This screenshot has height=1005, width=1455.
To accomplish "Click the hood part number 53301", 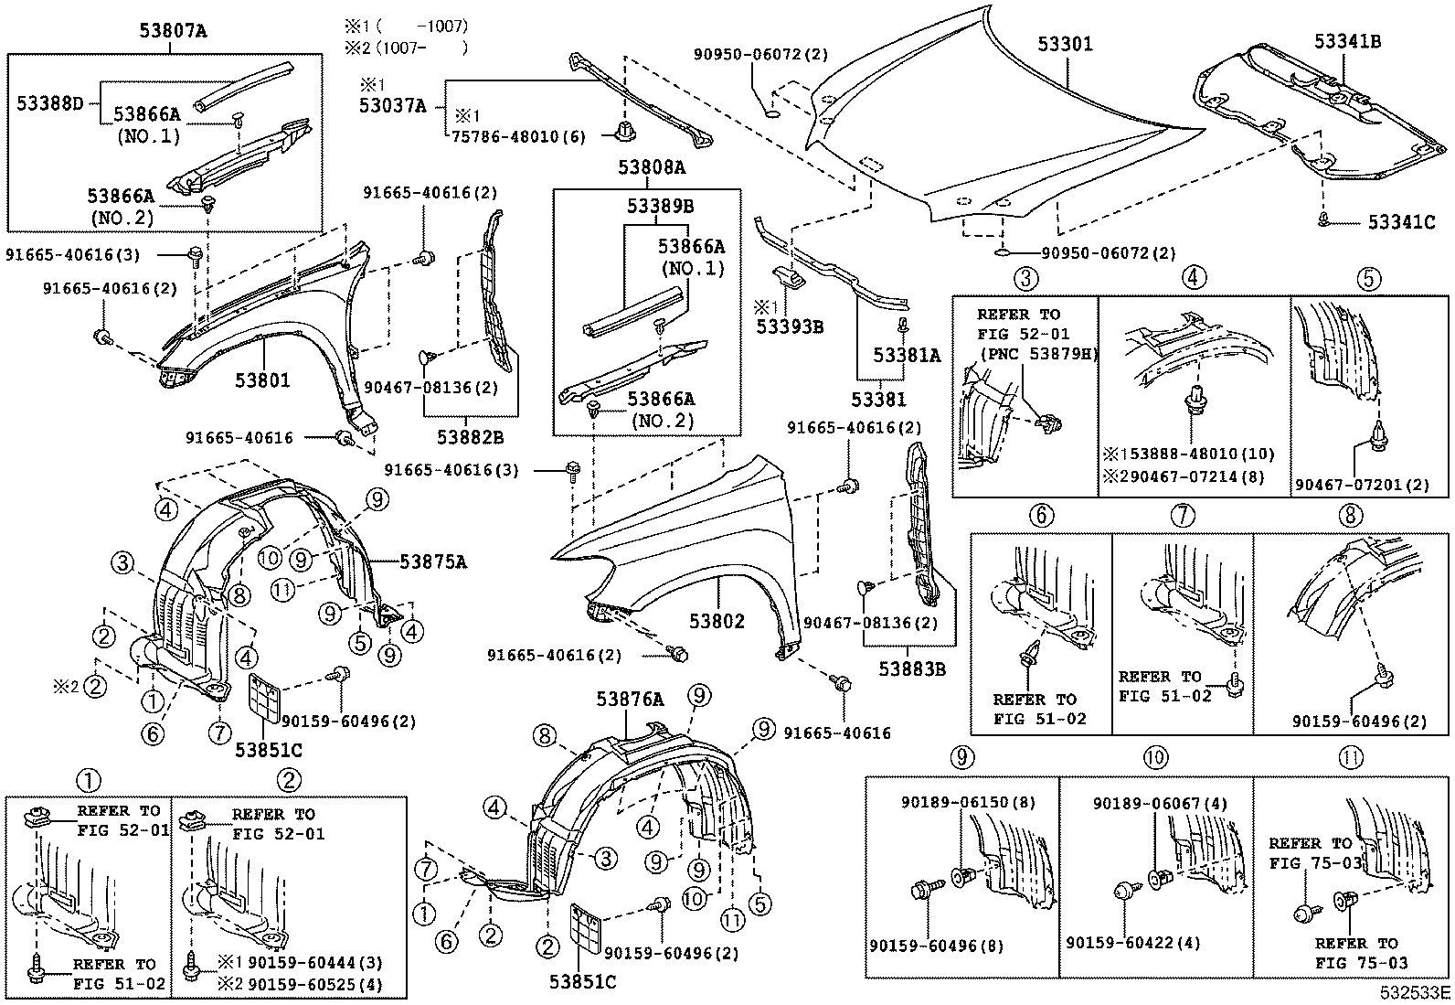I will point(1065,44).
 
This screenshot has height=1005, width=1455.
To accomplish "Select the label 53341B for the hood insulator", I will point(1347,41).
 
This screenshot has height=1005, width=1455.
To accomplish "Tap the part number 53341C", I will point(1401,222).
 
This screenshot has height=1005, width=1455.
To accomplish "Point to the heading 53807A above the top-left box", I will point(173,31).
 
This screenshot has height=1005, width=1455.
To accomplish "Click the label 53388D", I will point(49,103).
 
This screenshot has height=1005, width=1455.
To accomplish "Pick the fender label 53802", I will point(717,622).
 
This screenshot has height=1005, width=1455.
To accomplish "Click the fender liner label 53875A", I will point(433,561).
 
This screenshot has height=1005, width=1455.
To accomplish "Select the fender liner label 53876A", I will point(630,700).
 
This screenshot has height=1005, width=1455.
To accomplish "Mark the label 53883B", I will point(912,669).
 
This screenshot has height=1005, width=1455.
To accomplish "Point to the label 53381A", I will point(906,356).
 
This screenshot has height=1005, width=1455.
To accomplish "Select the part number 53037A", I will point(392,106).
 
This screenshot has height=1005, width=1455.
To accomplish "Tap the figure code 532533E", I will point(1415,992).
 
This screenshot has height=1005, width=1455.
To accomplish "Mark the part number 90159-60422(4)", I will point(1133,943).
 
